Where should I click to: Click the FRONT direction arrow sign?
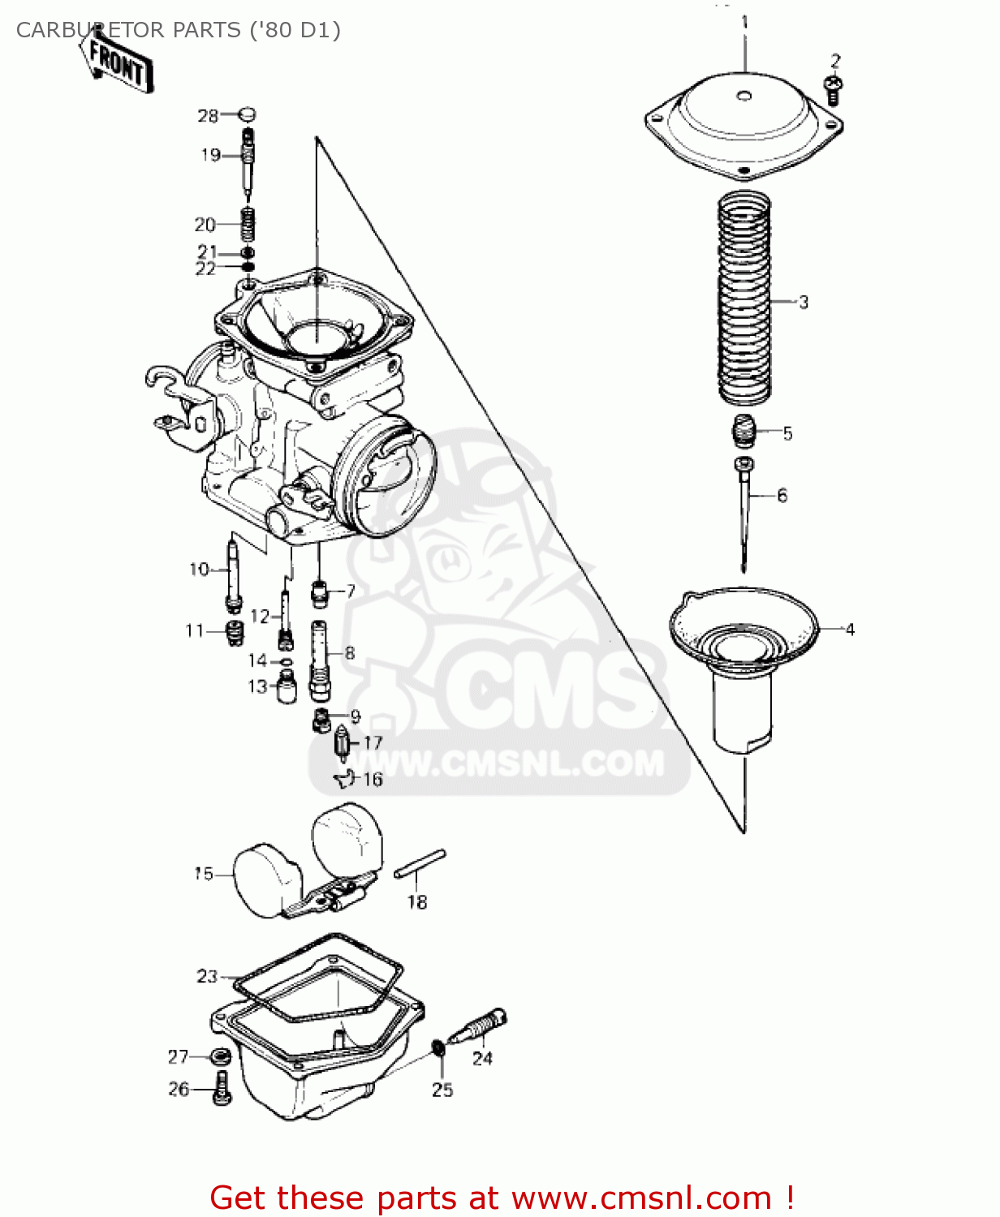[119, 64]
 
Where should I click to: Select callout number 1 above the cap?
[745, 22]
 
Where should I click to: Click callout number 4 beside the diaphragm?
[849, 630]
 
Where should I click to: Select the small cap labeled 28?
[248, 114]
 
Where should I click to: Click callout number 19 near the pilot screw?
[210, 155]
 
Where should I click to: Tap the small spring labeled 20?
[248, 223]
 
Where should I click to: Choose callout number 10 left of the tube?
[199, 570]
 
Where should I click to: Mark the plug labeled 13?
[286, 689]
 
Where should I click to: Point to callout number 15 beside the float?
[203, 874]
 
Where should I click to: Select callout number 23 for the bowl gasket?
[207, 976]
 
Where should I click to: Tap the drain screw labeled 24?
[481, 1028]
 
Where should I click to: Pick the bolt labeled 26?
[222, 1088]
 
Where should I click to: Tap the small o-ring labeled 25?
[438, 1047]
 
